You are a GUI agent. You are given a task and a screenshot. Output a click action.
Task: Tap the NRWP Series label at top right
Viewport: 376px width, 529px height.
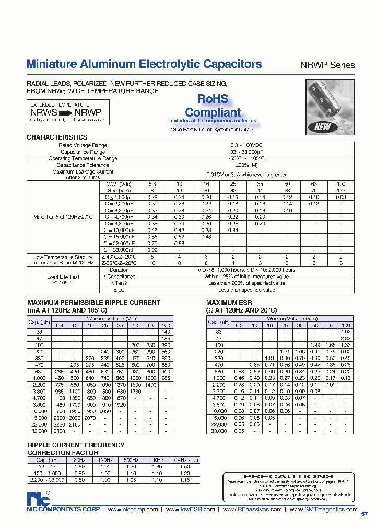(327, 66)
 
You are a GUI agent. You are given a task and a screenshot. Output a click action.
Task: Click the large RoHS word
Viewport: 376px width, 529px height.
(213, 99)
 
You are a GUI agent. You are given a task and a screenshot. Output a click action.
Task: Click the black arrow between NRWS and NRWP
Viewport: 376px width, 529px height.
(66, 112)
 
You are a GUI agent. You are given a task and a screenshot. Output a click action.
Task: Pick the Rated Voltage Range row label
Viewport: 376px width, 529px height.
(83, 145)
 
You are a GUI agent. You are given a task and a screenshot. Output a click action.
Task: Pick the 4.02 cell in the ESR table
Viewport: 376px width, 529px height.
(345, 332)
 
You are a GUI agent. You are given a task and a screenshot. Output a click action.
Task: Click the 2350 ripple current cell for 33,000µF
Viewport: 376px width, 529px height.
(59, 431)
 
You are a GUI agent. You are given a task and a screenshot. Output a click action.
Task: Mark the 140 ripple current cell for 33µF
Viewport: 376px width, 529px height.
(166, 332)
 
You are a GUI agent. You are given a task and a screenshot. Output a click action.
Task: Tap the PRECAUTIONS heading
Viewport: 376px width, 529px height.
(288, 477)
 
